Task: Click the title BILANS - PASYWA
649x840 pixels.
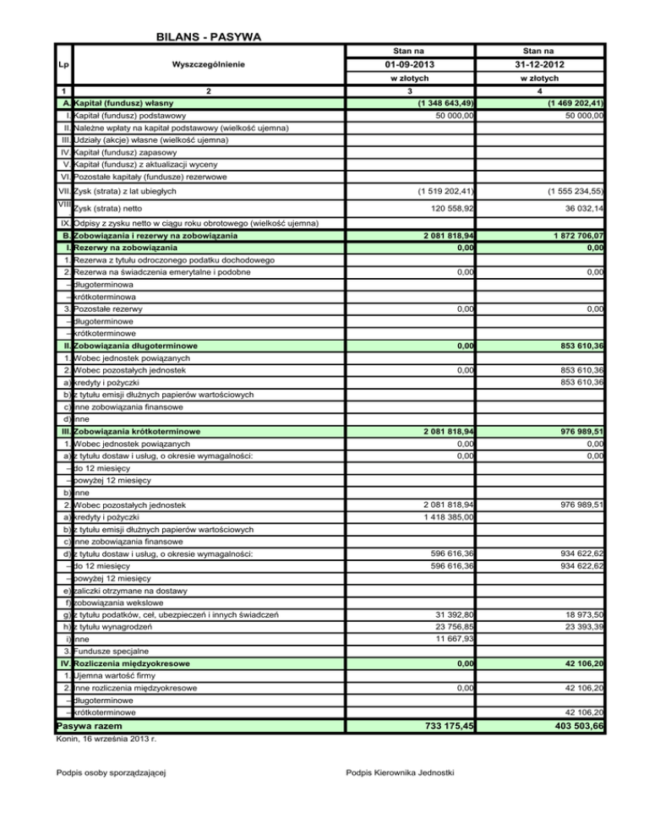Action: [208, 36]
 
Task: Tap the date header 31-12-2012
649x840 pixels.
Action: [540, 64]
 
